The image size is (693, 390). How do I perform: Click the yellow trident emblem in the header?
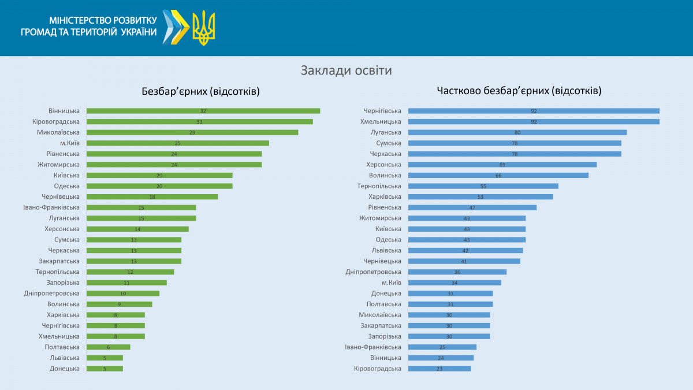coord(203,28)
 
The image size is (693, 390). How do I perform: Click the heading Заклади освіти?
coord(346,70)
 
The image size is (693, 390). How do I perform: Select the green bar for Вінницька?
coord(203,111)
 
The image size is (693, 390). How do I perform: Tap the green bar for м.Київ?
coord(178,143)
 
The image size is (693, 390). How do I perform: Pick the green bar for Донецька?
coord(105,369)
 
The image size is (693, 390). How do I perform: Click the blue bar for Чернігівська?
coord(534,111)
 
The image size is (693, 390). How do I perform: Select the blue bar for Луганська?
coord(517,132)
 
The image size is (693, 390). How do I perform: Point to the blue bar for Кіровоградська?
coord(439,369)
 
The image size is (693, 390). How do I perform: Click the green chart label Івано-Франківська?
coord(51,207)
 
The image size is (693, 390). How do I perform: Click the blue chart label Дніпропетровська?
coord(373,272)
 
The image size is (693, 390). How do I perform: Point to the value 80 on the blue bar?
coord(517,132)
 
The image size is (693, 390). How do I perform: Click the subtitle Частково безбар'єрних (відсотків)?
coord(519,91)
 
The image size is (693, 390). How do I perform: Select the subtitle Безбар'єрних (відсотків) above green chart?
coord(200,91)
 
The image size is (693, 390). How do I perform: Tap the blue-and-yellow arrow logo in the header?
coord(176,27)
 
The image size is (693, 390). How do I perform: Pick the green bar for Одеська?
coord(159,186)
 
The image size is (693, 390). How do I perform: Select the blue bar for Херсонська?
coord(502,165)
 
